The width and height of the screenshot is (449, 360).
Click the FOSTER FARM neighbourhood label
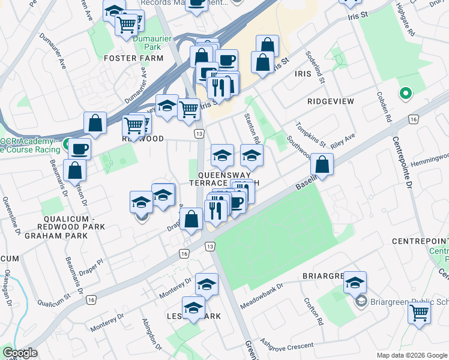click(x=133, y=58)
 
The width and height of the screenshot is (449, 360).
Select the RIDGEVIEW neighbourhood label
click(x=331, y=101)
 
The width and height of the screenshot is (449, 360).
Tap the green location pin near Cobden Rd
click(x=405, y=94)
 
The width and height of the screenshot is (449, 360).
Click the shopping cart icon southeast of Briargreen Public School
click(x=419, y=312)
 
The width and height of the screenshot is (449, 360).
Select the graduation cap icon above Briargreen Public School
click(x=355, y=281)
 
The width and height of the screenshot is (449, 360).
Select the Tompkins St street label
click(x=310, y=136)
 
